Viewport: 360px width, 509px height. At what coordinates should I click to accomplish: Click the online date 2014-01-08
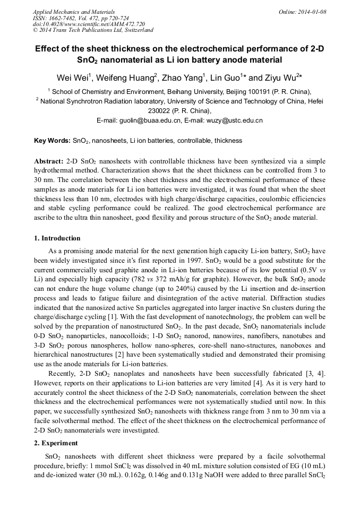313,11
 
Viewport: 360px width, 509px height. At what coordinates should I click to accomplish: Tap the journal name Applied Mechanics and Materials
69,11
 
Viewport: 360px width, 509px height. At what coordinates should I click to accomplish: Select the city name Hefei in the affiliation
313,101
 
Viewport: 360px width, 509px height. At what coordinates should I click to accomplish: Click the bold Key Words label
52,141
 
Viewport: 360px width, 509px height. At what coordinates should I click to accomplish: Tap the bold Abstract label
49,161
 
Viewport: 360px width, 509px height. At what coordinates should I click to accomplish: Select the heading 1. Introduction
57,238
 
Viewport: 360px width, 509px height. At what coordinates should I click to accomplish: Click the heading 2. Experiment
56,443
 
